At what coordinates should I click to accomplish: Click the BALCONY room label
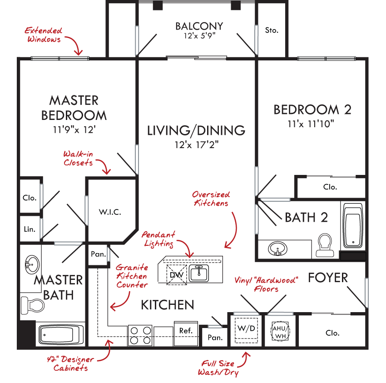click(199, 26)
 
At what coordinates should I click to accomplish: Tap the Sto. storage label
click(272, 30)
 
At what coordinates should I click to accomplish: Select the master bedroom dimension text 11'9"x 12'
click(74, 129)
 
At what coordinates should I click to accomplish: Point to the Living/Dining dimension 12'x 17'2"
click(197, 145)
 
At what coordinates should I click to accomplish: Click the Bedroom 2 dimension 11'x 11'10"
click(311, 124)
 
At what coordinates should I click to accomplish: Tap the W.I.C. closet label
click(110, 212)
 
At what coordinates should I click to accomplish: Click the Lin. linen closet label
click(30, 229)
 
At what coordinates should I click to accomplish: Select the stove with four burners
click(140, 335)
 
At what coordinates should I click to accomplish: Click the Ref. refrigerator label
click(186, 331)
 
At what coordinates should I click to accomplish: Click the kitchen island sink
click(199, 273)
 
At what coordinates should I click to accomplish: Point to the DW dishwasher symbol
click(177, 274)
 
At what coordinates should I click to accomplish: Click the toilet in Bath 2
click(325, 245)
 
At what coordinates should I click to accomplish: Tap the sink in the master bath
click(32, 265)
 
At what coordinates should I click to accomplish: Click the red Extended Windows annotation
click(44, 35)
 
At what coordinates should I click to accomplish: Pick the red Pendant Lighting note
click(158, 239)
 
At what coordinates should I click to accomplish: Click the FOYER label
click(328, 278)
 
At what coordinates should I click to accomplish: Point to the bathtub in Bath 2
click(353, 226)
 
